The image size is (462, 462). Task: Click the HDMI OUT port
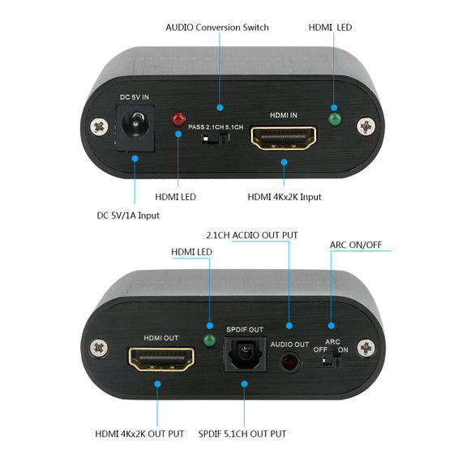point(161,359)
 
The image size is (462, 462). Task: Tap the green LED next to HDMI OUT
point(209,341)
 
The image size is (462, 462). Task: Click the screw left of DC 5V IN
point(100,126)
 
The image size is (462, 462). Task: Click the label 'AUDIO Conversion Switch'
point(216,28)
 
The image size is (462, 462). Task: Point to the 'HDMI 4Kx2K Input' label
point(283,196)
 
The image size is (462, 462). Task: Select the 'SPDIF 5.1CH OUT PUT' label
point(242,434)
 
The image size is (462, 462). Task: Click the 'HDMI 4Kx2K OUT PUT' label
point(140,434)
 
